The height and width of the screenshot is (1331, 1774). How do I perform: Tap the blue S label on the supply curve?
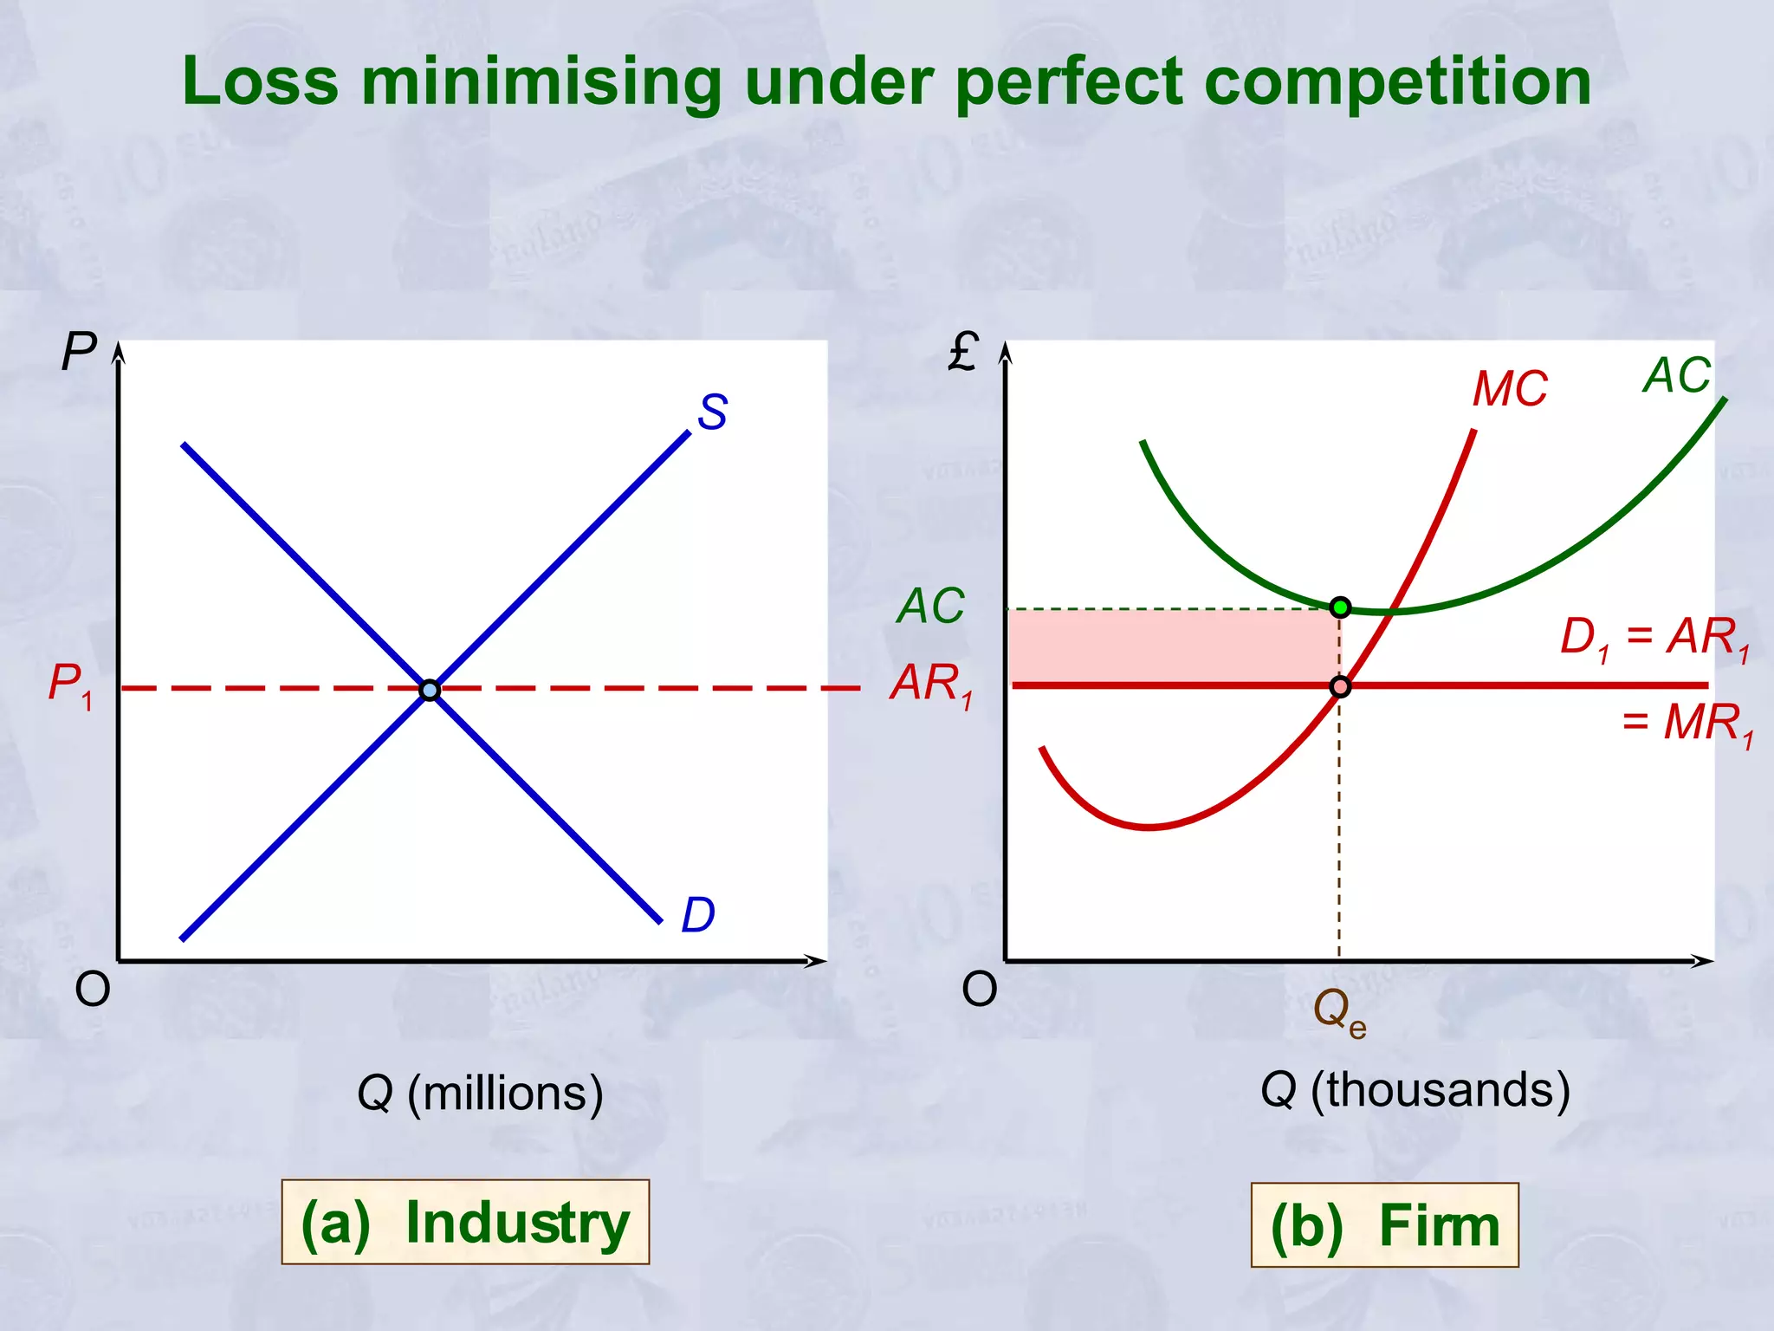[x=712, y=412]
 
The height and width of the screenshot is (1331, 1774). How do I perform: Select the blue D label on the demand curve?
[x=698, y=915]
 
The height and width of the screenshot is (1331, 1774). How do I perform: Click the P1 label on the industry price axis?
[x=70, y=685]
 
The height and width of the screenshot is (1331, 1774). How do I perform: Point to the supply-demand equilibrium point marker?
[x=430, y=691]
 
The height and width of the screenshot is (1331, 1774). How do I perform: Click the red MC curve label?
[x=1510, y=389]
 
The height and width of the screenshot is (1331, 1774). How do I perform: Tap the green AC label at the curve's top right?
[x=1677, y=376]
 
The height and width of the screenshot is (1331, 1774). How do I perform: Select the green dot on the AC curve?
[x=1340, y=607]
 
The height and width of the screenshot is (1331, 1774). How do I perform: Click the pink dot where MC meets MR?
[x=1340, y=687]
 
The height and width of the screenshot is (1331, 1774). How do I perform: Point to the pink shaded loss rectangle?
[x=1174, y=646]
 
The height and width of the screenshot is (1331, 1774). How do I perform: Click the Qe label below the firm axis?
[x=1339, y=1012]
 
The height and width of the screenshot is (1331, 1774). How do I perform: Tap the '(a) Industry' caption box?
[x=465, y=1223]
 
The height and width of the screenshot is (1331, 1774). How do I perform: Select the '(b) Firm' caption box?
[x=1384, y=1225]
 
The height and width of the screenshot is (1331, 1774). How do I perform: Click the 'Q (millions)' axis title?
[x=480, y=1094]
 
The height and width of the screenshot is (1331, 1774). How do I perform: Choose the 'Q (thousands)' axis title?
[x=1415, y=1090]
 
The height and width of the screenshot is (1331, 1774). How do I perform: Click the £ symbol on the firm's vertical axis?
[x=963, y=352]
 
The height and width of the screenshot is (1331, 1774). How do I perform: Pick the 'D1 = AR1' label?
[x=1654, y=638]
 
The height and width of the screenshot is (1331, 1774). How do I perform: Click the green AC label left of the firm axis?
[x=930, y=606]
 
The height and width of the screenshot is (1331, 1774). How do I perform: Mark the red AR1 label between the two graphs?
[x=932, y=685]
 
